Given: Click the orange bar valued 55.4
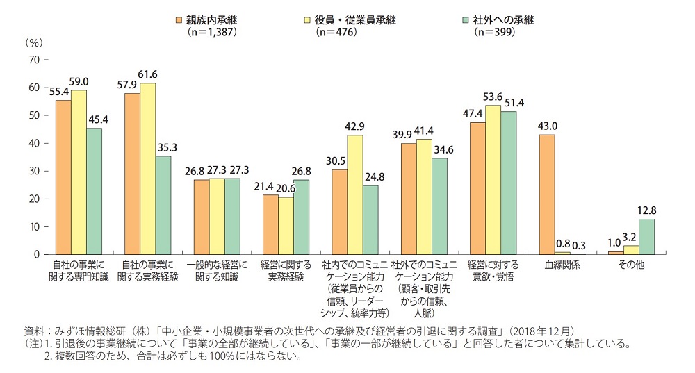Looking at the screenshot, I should (63, 177).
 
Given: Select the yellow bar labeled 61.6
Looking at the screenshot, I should (148, 169).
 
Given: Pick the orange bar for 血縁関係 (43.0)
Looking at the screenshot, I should (547, 194).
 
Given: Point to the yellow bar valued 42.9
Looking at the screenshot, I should (355, 194).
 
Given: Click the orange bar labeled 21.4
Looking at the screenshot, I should (270, 224).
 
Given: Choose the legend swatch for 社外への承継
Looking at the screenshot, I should (469, 19).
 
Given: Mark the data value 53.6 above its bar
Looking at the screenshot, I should (494, 98).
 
